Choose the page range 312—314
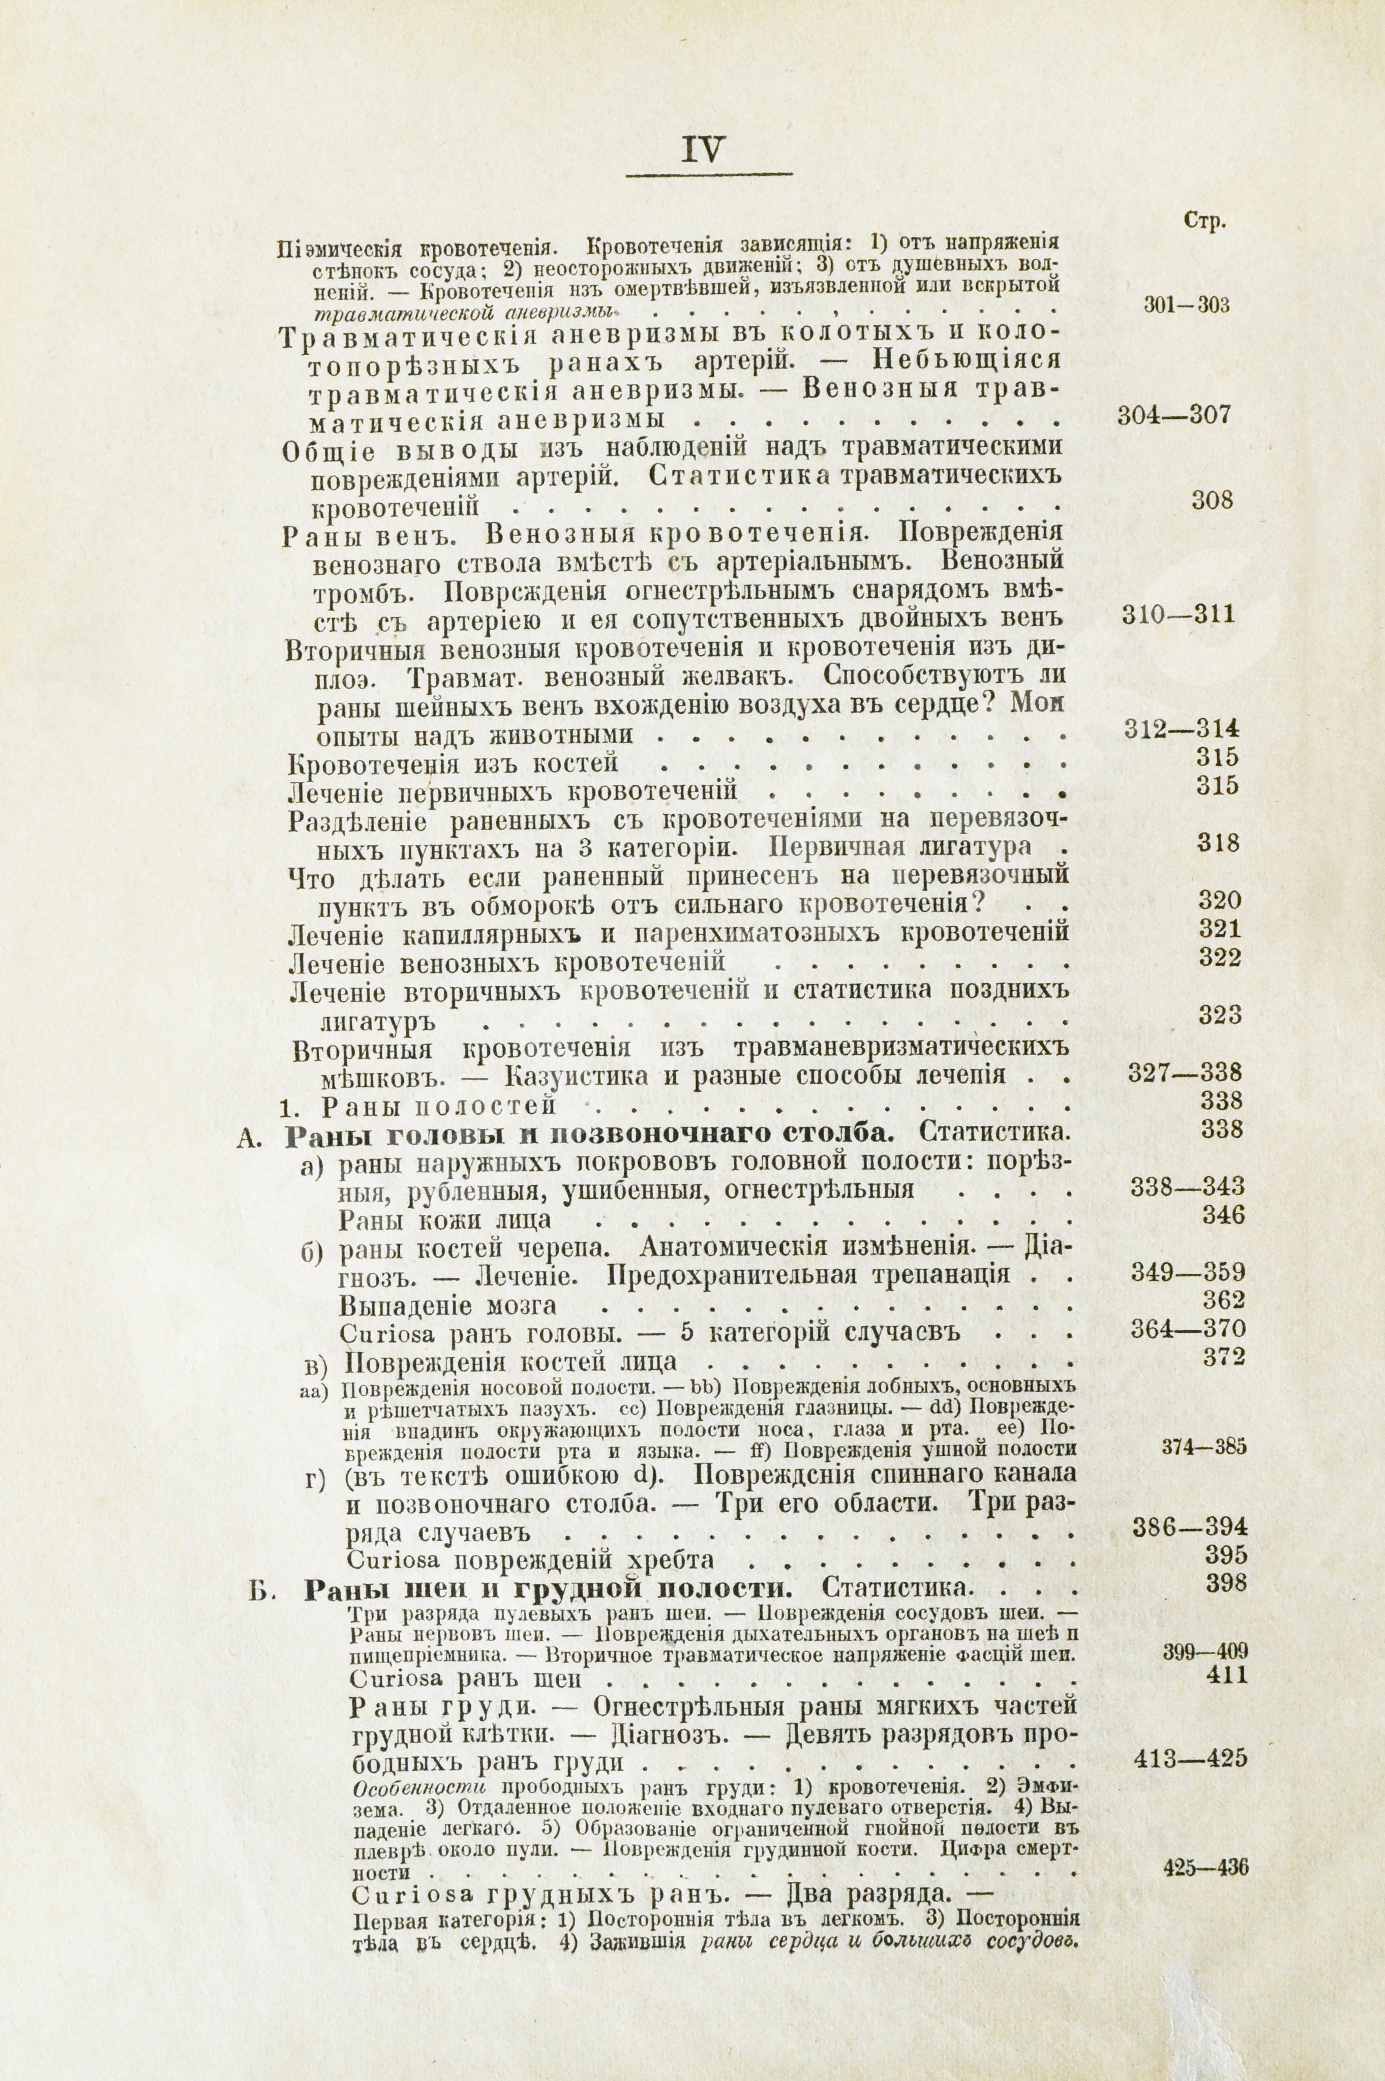[1182, 728]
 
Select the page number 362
[1223, 1301]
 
